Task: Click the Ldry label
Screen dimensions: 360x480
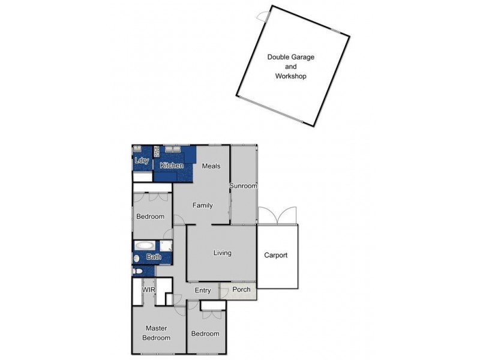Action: coord(142,161)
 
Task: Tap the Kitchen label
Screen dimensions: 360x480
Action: coord(172,166)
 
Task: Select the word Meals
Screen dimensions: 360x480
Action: coord(211,166)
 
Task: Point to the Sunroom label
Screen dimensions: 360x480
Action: coord(244,186)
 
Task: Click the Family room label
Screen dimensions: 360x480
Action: coord(203,206)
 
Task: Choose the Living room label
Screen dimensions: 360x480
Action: coord(222,253)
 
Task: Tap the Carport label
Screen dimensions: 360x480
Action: coord(276,256)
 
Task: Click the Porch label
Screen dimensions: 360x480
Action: coord(241,290)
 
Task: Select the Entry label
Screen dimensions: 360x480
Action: coord(203,291)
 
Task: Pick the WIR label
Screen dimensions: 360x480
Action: coord(149,290)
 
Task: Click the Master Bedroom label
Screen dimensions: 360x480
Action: coord(156,333)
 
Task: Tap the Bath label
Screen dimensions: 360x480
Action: coord(154,257)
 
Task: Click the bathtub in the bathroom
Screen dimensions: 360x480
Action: coord(145,245)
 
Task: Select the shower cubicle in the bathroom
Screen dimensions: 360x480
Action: coord(166,245)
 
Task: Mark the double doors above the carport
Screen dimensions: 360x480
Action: coord(277,215)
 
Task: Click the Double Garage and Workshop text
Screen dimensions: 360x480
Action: coord(291,67)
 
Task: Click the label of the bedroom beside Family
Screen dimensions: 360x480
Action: coord(150,217)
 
